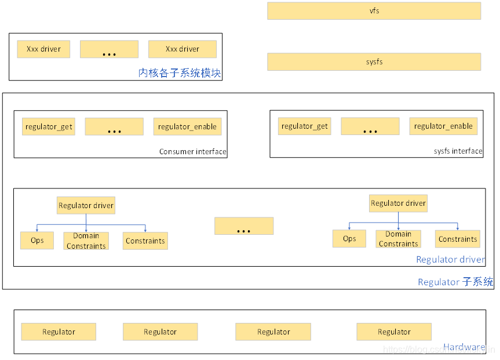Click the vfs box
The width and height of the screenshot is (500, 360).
374,11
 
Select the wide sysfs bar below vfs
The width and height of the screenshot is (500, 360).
374,62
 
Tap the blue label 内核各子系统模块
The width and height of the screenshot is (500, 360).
180,74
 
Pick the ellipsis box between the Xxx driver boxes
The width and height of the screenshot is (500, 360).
109,50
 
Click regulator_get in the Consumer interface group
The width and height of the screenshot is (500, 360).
49,127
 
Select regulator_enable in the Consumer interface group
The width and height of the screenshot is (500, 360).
187,127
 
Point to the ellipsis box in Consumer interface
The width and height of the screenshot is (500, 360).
114,127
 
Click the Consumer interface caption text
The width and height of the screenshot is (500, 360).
192,152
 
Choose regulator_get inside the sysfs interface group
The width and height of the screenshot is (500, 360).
304,126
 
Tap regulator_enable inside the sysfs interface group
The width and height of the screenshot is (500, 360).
443,126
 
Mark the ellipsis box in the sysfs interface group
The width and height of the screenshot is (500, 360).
370,126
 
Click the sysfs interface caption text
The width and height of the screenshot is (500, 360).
458,151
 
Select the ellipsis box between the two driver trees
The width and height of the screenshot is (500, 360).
243,226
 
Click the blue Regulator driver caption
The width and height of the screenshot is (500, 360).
450,260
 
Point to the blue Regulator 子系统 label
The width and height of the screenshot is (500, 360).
455,282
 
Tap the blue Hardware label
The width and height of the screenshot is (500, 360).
463,347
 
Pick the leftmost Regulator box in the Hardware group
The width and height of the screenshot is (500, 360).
59,332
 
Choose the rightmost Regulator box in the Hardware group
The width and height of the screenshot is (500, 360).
394,332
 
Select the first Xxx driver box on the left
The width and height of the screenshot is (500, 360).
43,49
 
